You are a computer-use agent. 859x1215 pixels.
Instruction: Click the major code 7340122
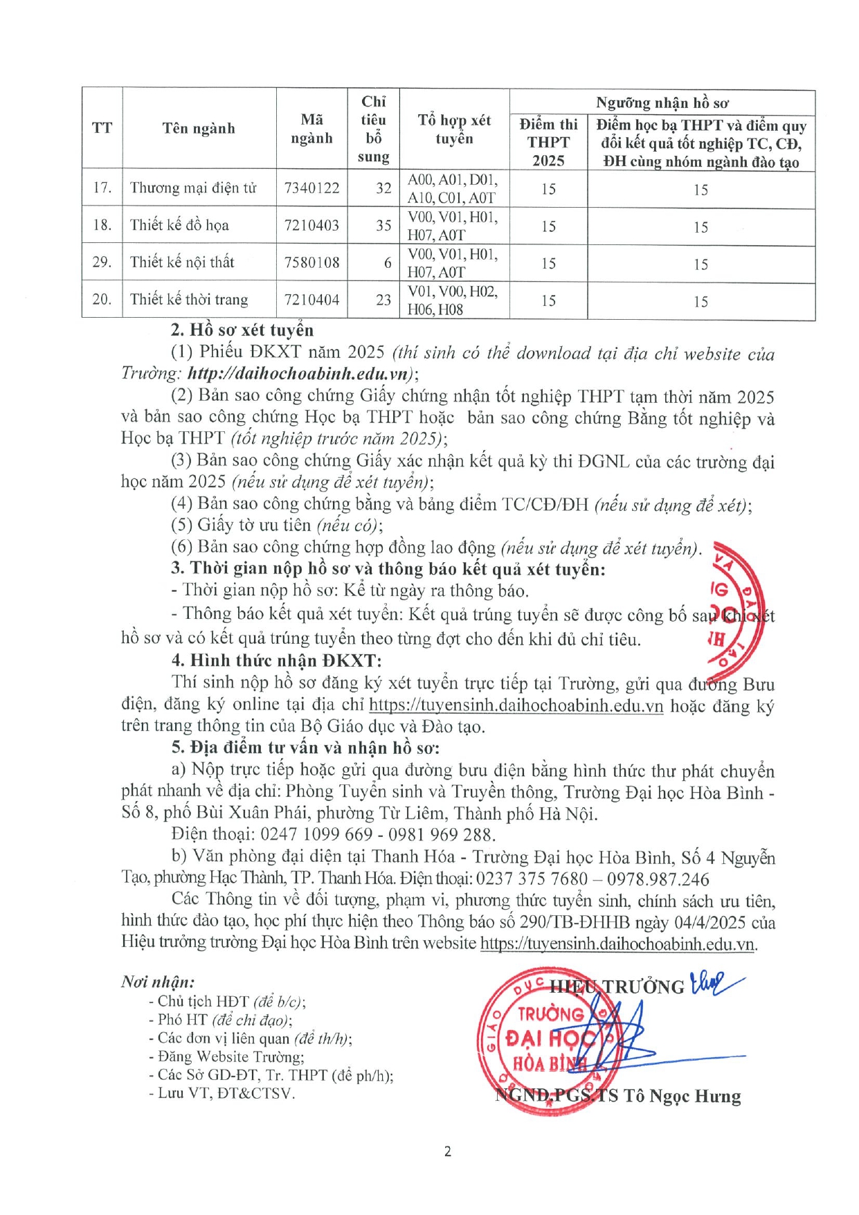[311, 188]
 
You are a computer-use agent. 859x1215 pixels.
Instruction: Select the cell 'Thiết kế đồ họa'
[179, 226]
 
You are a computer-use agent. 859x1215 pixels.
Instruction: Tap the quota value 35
[383, 226]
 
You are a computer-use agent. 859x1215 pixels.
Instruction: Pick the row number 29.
[102, 262]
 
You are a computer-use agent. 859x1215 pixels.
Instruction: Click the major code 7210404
[311, 300]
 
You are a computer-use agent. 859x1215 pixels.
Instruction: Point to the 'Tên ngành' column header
[199, 129]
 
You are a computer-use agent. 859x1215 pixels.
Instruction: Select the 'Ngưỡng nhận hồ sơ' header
[662, 103]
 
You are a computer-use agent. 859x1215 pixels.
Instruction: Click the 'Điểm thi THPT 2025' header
[548, 143]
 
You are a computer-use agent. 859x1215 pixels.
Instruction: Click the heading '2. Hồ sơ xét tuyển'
[242, 330]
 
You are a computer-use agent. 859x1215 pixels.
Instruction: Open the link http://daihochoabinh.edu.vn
[300, 374]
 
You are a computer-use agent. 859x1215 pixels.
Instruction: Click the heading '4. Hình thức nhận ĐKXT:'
[276, 660]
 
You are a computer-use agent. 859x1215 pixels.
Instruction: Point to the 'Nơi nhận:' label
[158, 982]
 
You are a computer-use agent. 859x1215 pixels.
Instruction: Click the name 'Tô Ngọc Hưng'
[682, 1097]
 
